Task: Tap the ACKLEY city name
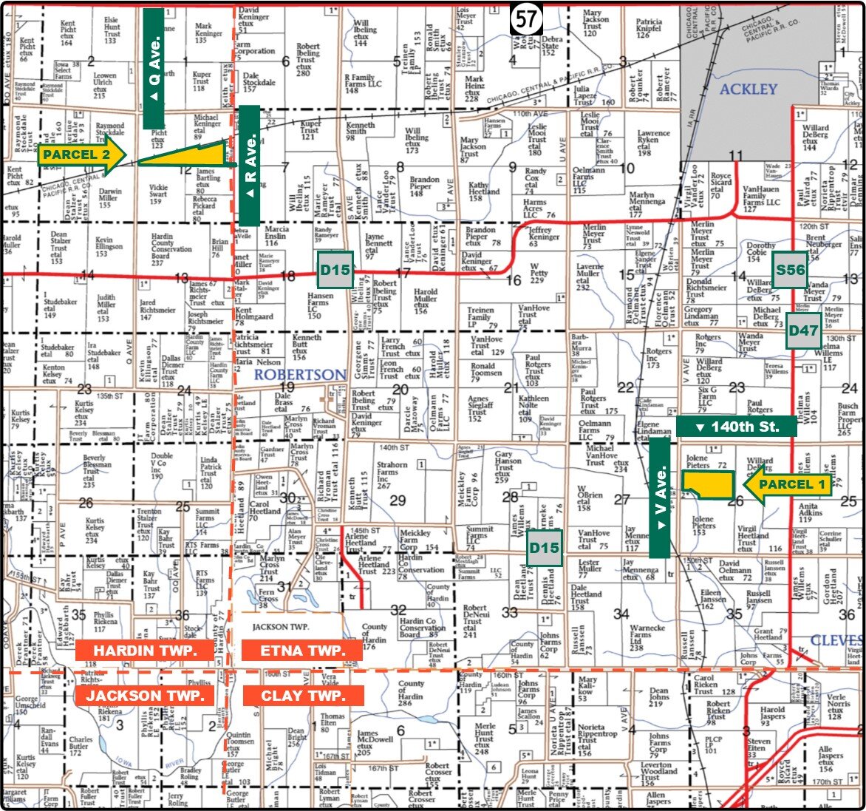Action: pyautogui.click(x=749, y=89)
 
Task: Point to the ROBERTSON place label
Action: pyautogui.click(x=300, y=375)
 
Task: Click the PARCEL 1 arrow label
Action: pyautogui.click(x=788, y=485)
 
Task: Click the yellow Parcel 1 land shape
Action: pyautogui.click(x=707, y=485)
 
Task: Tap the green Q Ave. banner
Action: pyautogui.click(x=154, y=69)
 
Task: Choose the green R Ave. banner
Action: pyautogui.click(x=250, y=165)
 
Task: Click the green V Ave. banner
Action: pyautogui.click(x=660, y=498)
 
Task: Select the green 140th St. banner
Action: pyautogui.click(x=736, y=427)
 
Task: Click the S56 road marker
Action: pyautogui.click(x=790, y=270)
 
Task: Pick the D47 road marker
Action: pyautogui.click(x=802, y=330)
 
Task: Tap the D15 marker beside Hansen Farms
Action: pyautogui.click(x=335, y=270)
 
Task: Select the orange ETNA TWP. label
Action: pyautogui.click(x=302, y=651)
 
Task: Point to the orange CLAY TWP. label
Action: pyautogui.click(x=302, y=696)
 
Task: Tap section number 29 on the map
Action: pyautogui.click(x=398, y=500)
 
